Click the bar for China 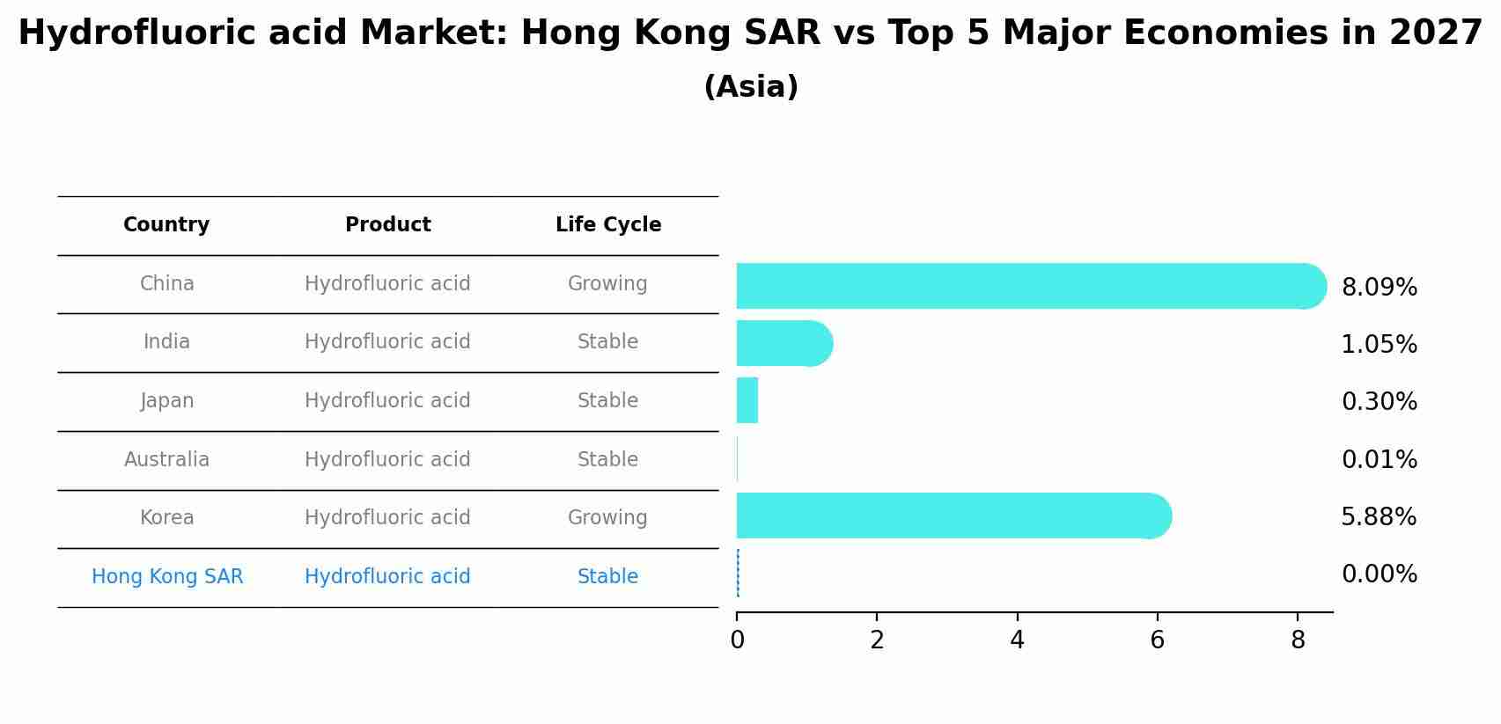(x=1030, y=286)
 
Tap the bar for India (x=784, y=343)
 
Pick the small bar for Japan (x=747, y=400)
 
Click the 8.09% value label (x=1379, y=288)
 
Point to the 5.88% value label (x=1379, y=516)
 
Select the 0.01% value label (x=1379, y=459)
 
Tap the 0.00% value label (x=1379, y=574)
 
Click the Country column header (x=166, y=225)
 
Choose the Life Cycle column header (x=607, y=225)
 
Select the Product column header (x=387, y=225)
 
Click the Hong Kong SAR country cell (x=167, y=576)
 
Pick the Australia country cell (x=166, y=459)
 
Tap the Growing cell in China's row (x=607, y=283)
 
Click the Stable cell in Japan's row (x=607, y=400)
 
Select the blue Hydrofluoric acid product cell (x=387, y=576)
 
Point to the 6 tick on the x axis (x=1157, y=640)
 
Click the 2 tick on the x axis (x=877, y=640)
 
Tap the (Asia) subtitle (x=751, y=87)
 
